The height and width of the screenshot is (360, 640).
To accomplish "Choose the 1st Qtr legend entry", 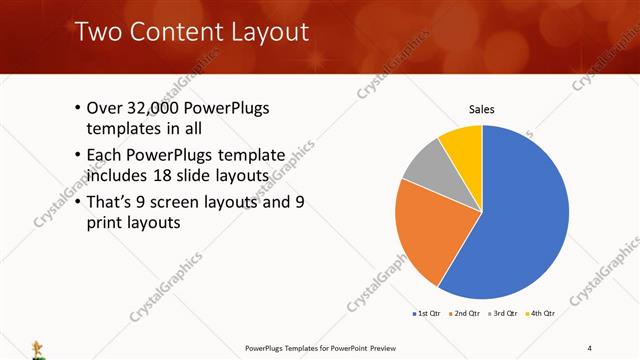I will [428, 314].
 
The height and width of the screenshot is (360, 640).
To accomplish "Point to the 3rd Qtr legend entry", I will [503, 314].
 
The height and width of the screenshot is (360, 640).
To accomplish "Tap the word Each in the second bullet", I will [106, 155].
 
